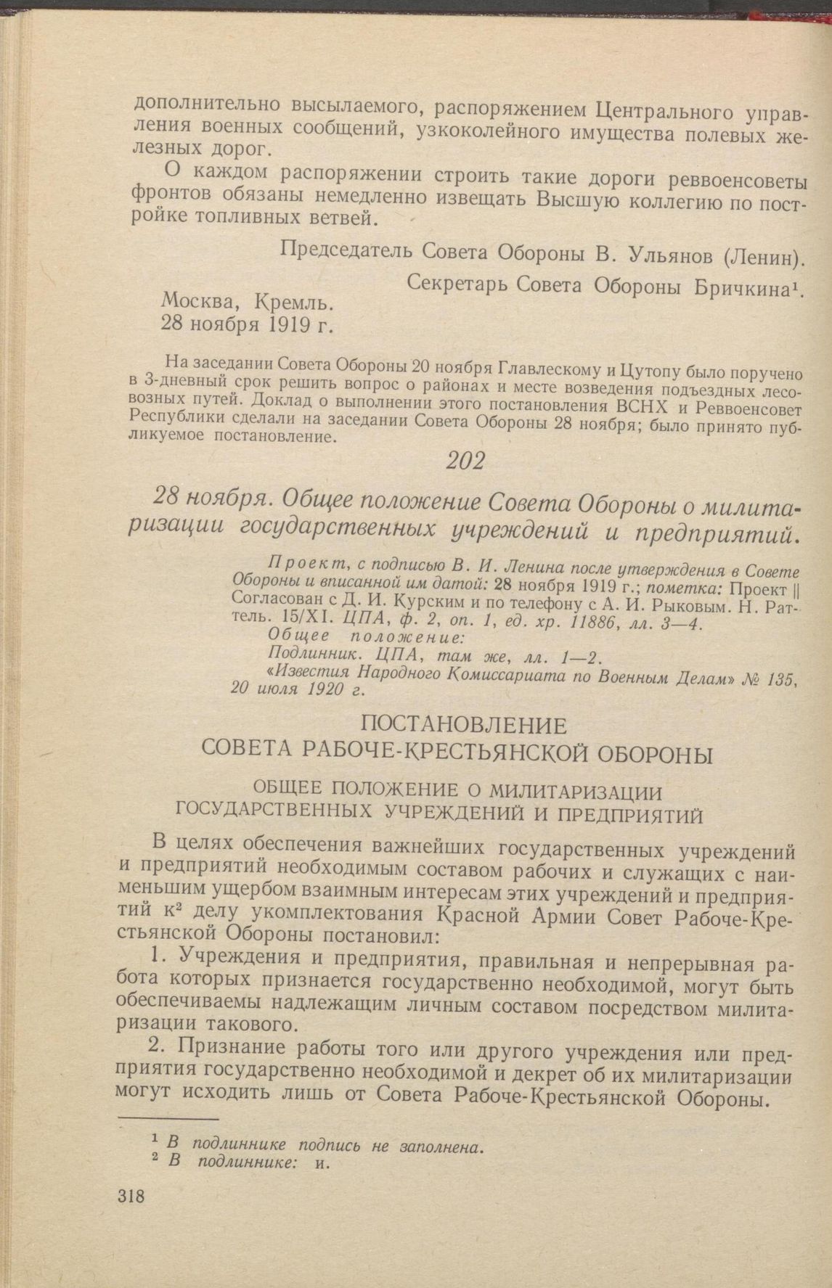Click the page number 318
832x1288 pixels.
(131, 1196)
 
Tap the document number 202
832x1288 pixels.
(466, 461)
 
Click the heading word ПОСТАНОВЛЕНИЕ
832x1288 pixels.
(463, 724)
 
